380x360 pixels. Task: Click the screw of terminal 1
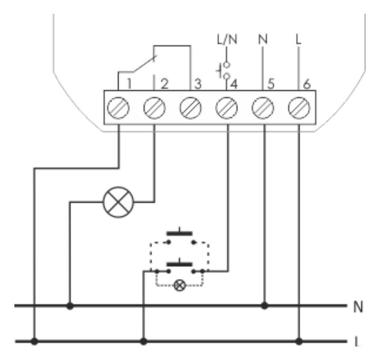119,108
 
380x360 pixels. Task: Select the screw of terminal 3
191,108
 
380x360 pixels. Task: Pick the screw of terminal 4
227,108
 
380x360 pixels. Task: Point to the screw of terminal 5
264,108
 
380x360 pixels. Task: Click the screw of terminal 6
299,108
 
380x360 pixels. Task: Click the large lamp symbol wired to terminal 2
119,201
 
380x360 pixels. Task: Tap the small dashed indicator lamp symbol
180,285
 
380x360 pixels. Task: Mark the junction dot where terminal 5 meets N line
264,306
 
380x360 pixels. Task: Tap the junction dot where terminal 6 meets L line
299,341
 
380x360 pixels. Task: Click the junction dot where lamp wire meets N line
70,306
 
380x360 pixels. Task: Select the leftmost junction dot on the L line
34,341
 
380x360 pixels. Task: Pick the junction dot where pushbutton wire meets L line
144,341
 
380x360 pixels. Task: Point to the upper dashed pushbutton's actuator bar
180,234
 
